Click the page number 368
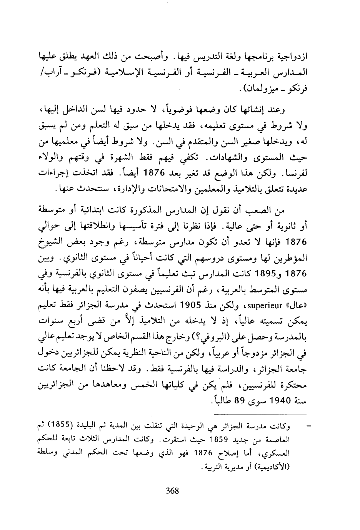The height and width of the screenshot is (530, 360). (172, 490)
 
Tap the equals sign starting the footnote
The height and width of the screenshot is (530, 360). (307, 426)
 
